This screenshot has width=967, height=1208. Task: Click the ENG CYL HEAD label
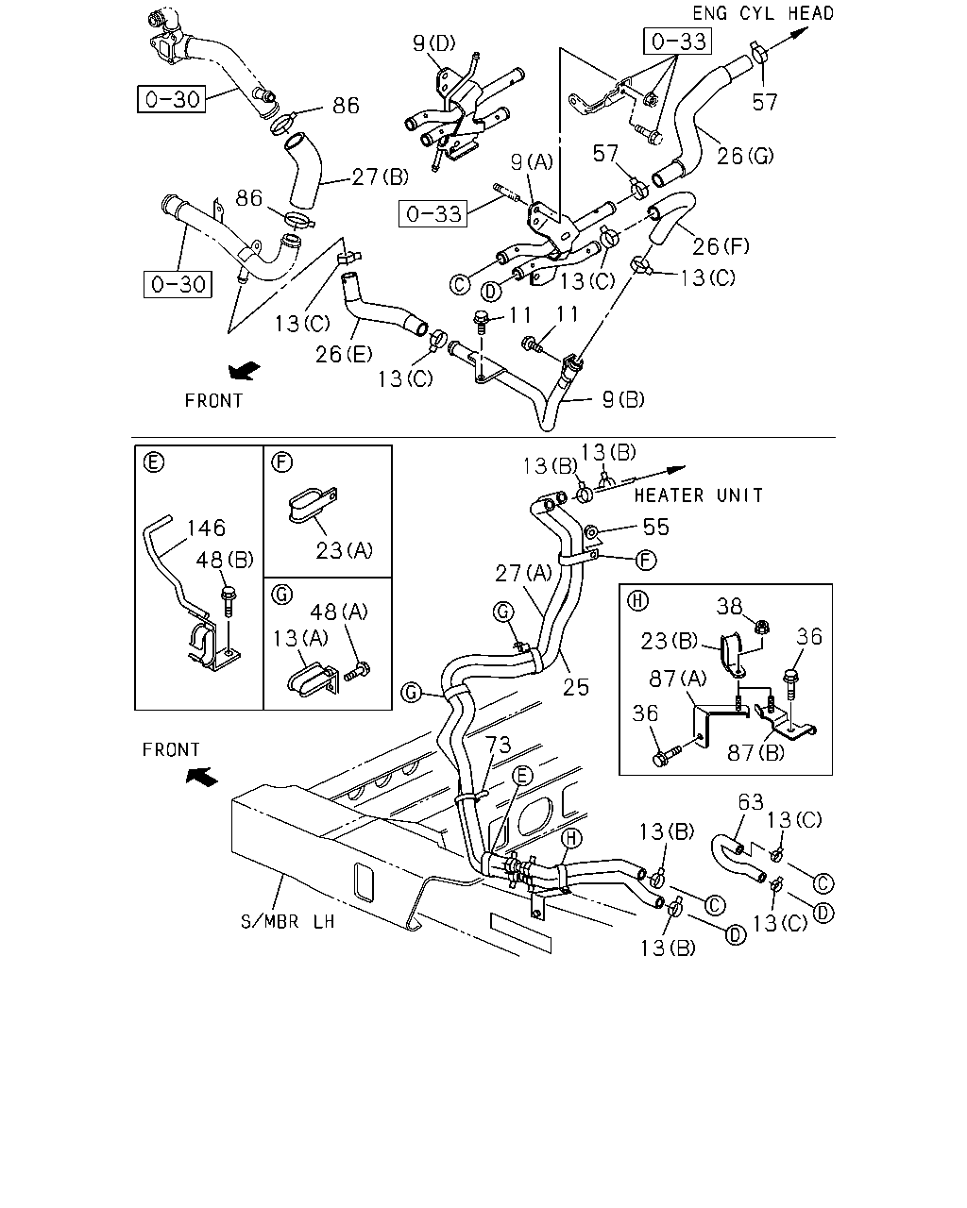(762, 13)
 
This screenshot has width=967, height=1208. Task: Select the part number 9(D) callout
(433, 42)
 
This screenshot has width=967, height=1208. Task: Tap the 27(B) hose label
(381, 176)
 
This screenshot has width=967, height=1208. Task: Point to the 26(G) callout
(745, 156)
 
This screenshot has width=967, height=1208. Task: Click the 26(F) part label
(721, 246)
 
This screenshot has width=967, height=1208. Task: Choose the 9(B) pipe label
(623, 399)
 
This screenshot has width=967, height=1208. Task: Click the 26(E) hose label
(344, 354)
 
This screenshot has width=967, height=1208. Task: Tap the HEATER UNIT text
(699, 495)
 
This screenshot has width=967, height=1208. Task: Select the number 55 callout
(655, 527)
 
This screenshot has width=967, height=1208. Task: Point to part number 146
(206, 528)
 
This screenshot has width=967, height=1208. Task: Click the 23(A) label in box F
(344, 550)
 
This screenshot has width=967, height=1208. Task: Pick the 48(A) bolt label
(339, 612)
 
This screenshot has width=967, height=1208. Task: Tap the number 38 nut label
(729, 606)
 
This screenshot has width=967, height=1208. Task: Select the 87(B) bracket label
(755, 752)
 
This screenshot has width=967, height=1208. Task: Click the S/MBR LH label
(288, 921)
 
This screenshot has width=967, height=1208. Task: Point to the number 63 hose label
(751, 801)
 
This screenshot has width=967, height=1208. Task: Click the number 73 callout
(498, 745)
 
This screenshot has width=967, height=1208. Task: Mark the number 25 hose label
(576, 686)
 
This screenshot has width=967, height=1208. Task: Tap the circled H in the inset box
(637, 600)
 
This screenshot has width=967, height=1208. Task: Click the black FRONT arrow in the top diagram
(245, 370)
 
